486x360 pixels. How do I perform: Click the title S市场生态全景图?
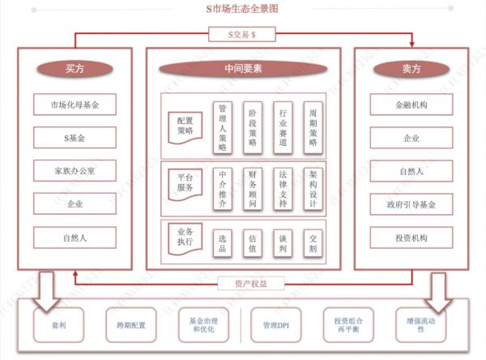point(242,9)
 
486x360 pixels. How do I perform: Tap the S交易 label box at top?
point(243,34)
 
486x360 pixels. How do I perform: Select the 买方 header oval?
point(75,69)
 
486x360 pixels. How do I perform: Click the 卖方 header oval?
point(411,69)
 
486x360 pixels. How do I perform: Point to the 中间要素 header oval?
point(243,69)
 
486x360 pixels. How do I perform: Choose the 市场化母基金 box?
point(75,105)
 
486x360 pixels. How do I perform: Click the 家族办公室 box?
point(75,170)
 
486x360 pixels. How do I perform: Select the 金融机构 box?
point(411,105)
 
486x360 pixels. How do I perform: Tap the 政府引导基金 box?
point(411,204)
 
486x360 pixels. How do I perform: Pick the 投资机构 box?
point(411,238)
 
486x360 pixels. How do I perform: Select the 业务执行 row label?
point(185,237)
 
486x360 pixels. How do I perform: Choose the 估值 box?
point(254,242)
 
